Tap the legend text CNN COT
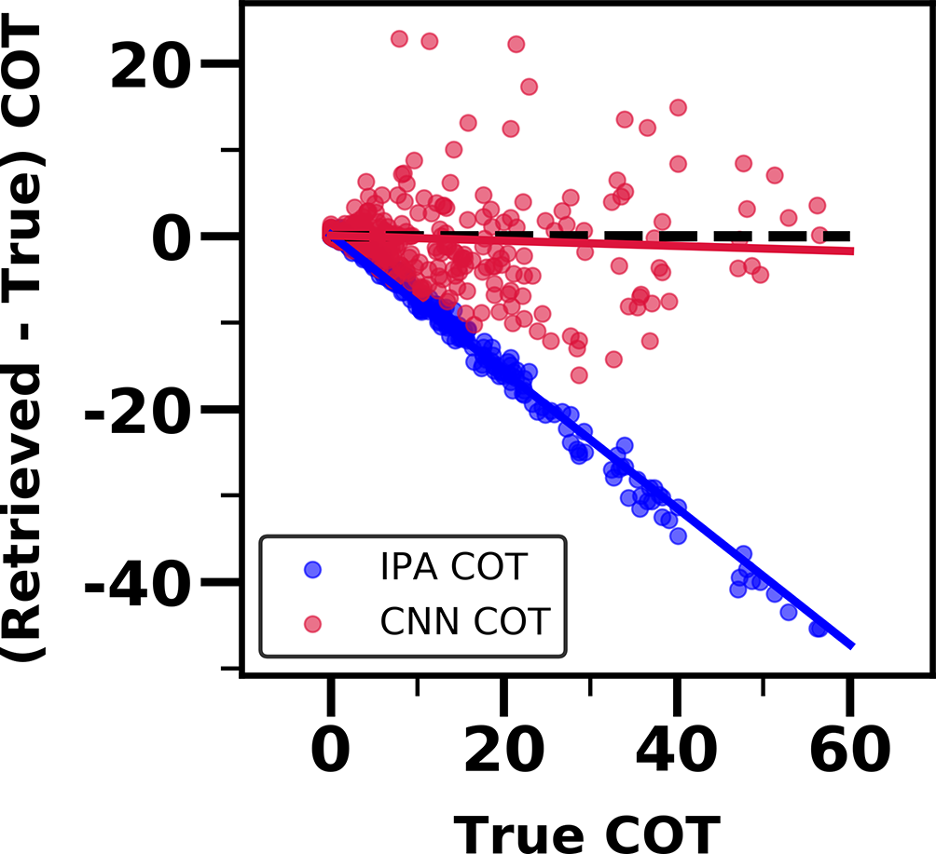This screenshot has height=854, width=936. [463, 621]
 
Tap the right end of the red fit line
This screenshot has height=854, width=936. [851, 251]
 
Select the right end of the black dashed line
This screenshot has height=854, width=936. [849, 237]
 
